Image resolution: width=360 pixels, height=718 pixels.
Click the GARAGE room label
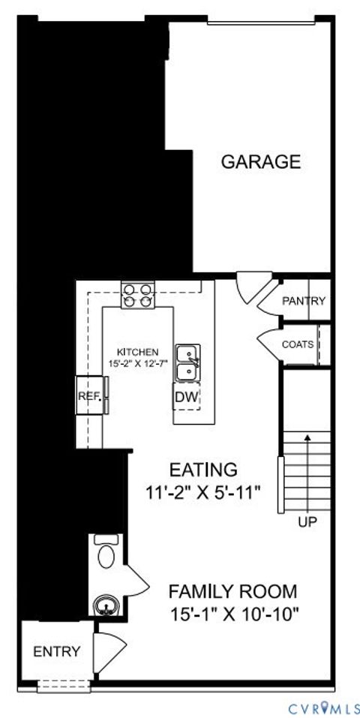tap(260, 161)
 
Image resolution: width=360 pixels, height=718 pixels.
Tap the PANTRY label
tap(304, 301)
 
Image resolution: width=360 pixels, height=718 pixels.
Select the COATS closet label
tap(298, 344)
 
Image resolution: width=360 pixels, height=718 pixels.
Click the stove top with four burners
tap(137, 295)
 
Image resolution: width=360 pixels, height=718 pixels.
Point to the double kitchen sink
tap(187, 362)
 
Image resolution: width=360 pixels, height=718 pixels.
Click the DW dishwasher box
tap(187, 396)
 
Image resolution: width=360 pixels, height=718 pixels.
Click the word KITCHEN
tap(137, 351)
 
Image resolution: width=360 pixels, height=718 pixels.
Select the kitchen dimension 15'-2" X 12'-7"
tap(137, 363)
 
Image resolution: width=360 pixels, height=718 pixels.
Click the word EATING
tap(203, 470)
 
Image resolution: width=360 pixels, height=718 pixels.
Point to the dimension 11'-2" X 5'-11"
tap(203, 493)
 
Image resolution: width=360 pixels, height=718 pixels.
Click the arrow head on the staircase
tap(307, 438)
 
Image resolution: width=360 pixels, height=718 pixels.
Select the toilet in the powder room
tap(106, 553)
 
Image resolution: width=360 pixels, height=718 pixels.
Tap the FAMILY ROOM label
tap(232, 590)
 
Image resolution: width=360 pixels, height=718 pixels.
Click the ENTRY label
tap(56, 652)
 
